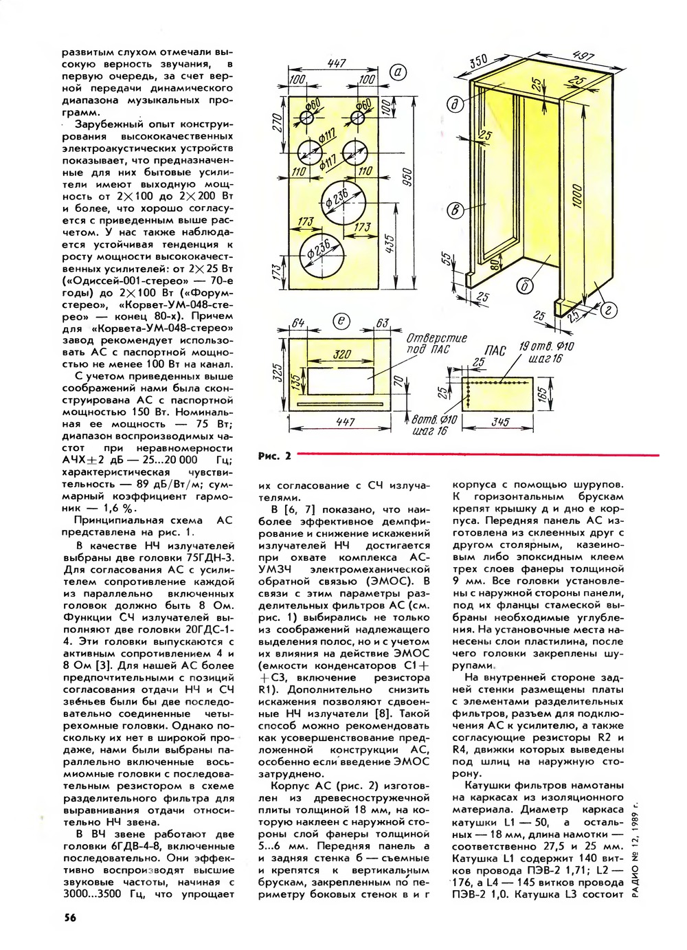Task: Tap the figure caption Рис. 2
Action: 275,456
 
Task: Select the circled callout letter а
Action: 398,73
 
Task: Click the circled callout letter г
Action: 609,310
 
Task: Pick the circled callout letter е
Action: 341,322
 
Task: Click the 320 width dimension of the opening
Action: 342,353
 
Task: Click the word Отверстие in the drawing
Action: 436,339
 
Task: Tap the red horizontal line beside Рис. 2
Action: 478,455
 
